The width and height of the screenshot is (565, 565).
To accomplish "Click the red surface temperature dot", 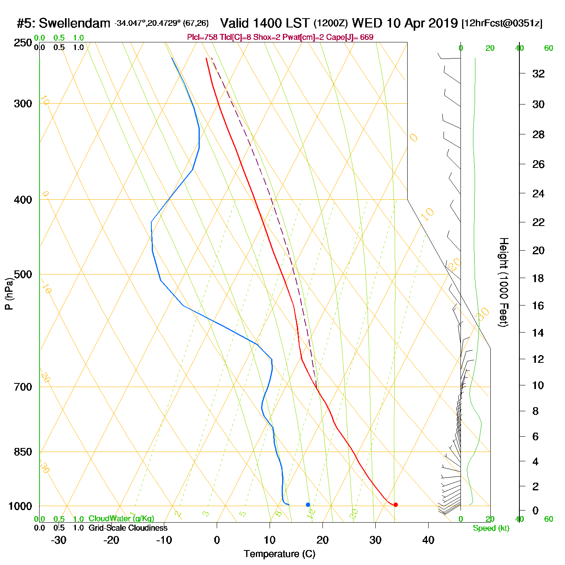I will point(395,504).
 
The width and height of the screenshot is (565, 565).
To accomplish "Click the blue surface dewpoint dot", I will point(308,504).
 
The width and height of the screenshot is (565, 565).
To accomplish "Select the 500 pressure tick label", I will point(23,274).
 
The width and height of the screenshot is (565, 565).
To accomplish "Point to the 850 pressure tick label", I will point(23,452).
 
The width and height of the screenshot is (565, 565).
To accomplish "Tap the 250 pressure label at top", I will point(23,43).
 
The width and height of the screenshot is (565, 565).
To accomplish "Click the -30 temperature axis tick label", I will point(59,540).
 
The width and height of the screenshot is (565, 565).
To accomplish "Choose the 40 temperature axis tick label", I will point(428,540).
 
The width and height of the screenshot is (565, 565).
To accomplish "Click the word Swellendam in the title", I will point(74,23).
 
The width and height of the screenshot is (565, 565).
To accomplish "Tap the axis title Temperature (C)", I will point(279,554).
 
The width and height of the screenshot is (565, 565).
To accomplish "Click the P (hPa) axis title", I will point(9,294).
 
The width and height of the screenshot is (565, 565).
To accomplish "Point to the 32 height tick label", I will point(538,74).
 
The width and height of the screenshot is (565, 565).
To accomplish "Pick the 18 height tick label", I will point(538,278).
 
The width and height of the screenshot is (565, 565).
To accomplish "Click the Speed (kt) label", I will point(491,528).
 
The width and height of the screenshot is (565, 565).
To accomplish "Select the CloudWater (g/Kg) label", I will point(121,519).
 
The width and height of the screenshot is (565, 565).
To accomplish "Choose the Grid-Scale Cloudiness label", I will point(128,528).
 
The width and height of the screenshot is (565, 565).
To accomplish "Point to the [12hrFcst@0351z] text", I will point(502,23).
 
